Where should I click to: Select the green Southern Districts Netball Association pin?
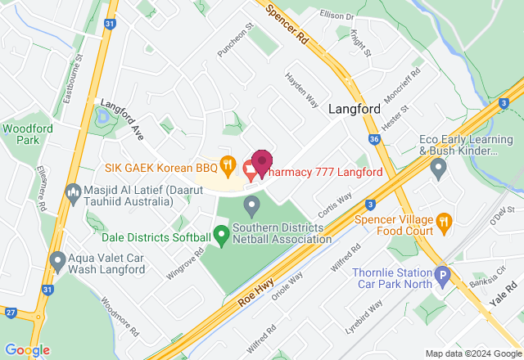[x=221, y=234]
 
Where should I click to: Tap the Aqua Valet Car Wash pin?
[x=57, y=261]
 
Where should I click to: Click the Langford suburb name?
[x=355, y=109]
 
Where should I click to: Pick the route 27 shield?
[x=10, y=312]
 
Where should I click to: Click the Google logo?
[x=27, y=349]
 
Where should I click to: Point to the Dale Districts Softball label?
[x=155, y=238]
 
